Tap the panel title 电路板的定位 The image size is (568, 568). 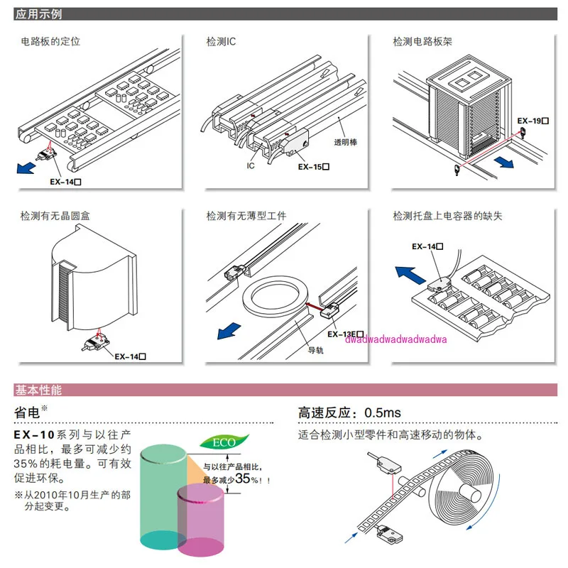tap(50, 41)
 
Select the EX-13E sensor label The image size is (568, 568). tap(346, 334)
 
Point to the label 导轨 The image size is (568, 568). tap(315, 349)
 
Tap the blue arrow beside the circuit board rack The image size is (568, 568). tap(504, 162)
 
